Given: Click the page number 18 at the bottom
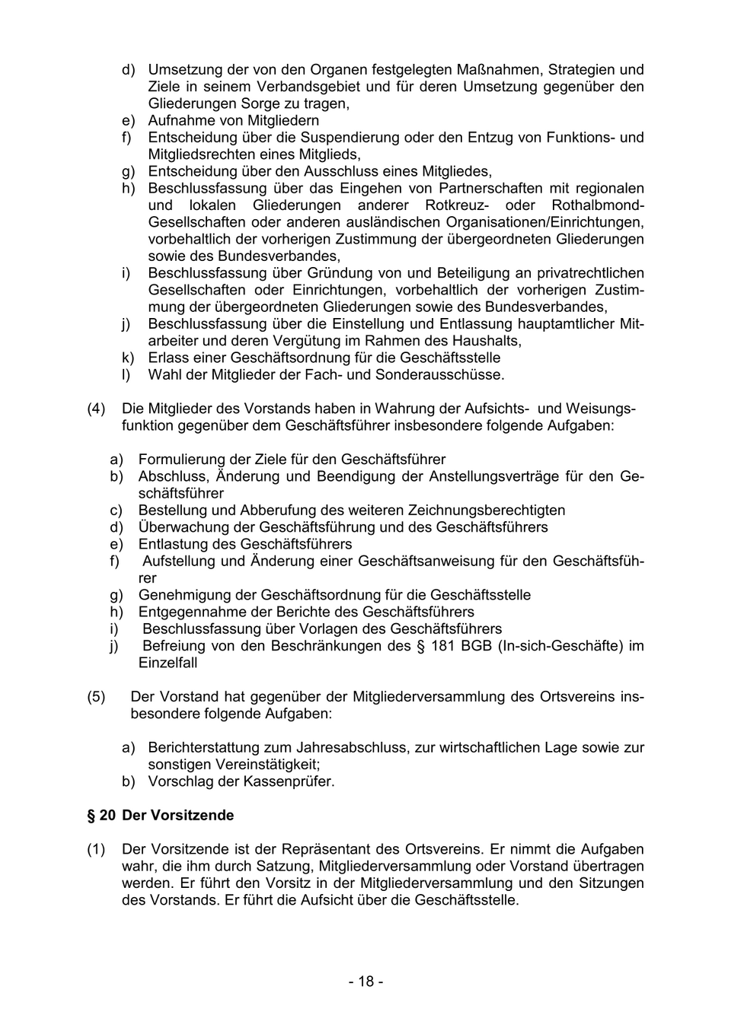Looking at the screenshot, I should pyautogui.click(x=366, y=982).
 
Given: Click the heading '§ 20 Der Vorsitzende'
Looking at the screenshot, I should pyautogui.click(x=161, y=815).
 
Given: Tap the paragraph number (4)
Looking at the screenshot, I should pyautogui.click(x=96, y=409).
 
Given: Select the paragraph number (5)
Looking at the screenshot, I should pyautogui.click(x=96, y=697).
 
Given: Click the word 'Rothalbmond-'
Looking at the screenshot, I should pyautogui.click(x=598, y=205).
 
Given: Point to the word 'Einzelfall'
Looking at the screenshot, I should pyautogui.click(x=168, y=663).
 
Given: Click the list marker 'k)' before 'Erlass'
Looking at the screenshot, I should pyautogui.click(x=128, y=358).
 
